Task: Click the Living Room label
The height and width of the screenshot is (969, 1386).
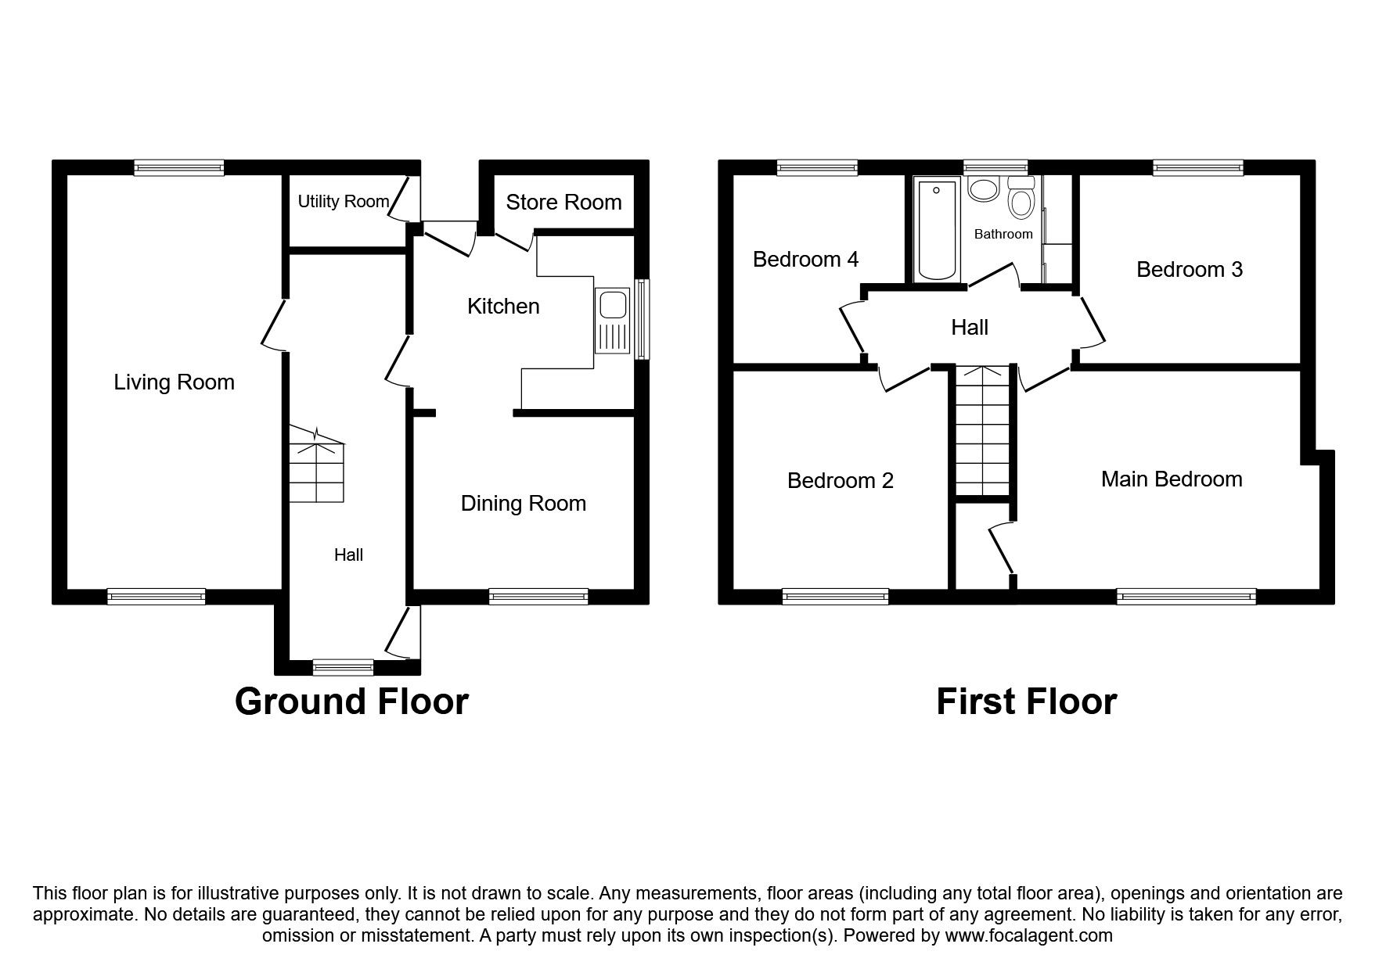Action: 174,382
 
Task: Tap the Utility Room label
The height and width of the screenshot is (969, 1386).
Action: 343,202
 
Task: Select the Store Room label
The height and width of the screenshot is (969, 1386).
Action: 563,203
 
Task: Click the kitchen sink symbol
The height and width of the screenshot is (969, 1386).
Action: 612,321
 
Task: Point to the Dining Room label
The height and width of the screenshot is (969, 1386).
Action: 523,504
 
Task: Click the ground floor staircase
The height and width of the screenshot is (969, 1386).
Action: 316,467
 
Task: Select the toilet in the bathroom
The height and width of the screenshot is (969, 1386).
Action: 1021,199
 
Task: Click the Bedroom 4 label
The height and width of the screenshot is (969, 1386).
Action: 805,260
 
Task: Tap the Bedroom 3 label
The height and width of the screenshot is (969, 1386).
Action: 1189,270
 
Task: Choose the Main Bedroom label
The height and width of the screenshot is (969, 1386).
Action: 1171,479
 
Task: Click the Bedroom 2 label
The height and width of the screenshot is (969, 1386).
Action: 840,481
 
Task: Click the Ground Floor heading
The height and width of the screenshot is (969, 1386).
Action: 351,702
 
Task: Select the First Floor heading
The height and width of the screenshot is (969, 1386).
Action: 1026,702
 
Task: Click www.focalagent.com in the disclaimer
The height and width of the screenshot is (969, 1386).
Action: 1028,935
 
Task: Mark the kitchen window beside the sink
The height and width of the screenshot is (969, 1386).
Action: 642,319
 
